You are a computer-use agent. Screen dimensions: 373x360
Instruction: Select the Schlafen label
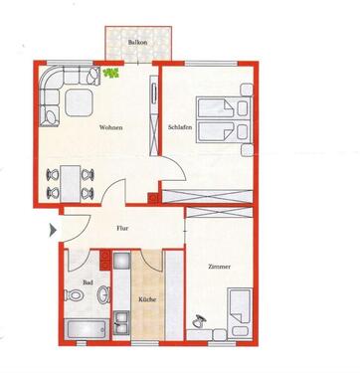(180, 127)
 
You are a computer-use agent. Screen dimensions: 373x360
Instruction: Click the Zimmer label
(221, 267)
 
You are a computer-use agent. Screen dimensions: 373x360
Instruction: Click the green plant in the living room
(111, 73)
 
